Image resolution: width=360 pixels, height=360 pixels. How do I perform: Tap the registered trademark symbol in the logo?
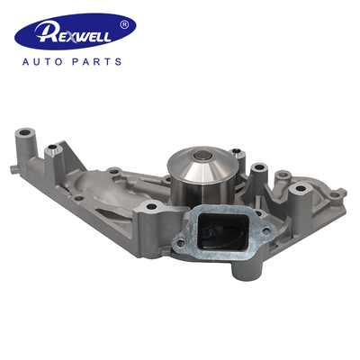[136, 22]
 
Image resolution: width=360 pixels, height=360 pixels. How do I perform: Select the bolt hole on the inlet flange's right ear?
[261, 222]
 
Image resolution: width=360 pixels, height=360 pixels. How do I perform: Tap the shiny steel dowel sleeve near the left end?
[58, 150]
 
